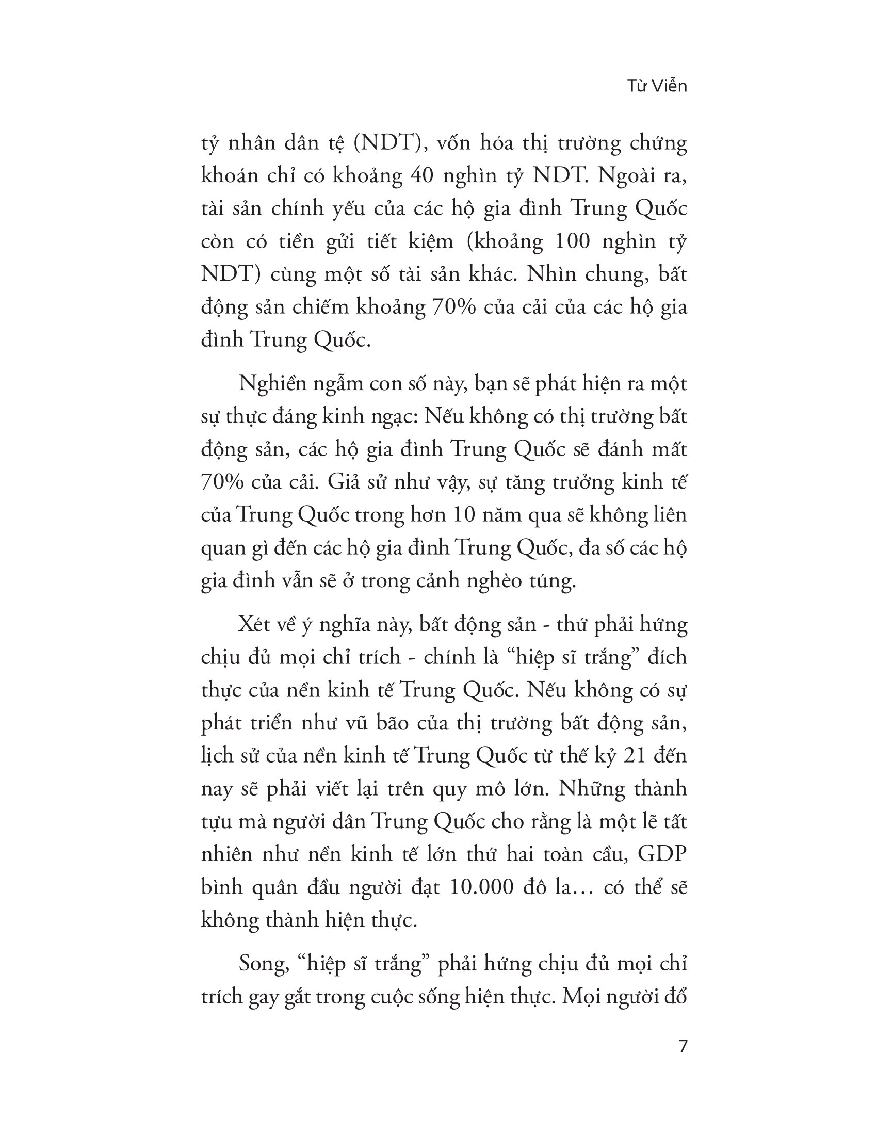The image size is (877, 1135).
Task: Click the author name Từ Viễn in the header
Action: (657, 86)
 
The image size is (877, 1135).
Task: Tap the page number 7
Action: (683, 1045)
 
